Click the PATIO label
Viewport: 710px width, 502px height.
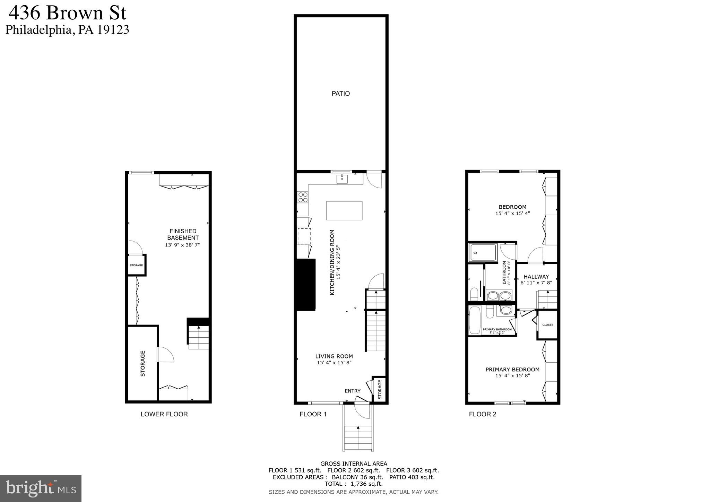340,94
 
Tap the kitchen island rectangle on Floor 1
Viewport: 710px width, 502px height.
344,210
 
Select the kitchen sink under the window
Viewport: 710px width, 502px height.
342,179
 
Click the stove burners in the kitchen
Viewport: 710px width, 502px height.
303,197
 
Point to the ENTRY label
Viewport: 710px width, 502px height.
352,391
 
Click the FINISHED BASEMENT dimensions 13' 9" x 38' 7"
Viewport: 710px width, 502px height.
183,245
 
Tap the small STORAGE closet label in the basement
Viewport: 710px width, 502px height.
136,265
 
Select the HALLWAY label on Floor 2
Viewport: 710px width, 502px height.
536,277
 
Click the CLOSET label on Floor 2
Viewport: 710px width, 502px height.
548,325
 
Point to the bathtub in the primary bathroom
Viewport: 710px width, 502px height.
474,321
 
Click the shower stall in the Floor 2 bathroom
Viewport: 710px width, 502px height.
483,252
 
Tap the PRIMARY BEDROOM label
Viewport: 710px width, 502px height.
512,370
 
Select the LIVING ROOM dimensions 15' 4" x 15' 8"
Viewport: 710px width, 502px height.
334,363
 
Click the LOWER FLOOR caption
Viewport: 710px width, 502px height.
164,414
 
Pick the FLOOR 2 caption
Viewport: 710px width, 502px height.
482,414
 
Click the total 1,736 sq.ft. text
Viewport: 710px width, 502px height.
366,484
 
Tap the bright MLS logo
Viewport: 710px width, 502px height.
41,488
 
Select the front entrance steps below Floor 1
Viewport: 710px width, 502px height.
358,438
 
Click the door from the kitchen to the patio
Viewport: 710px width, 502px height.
375,180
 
